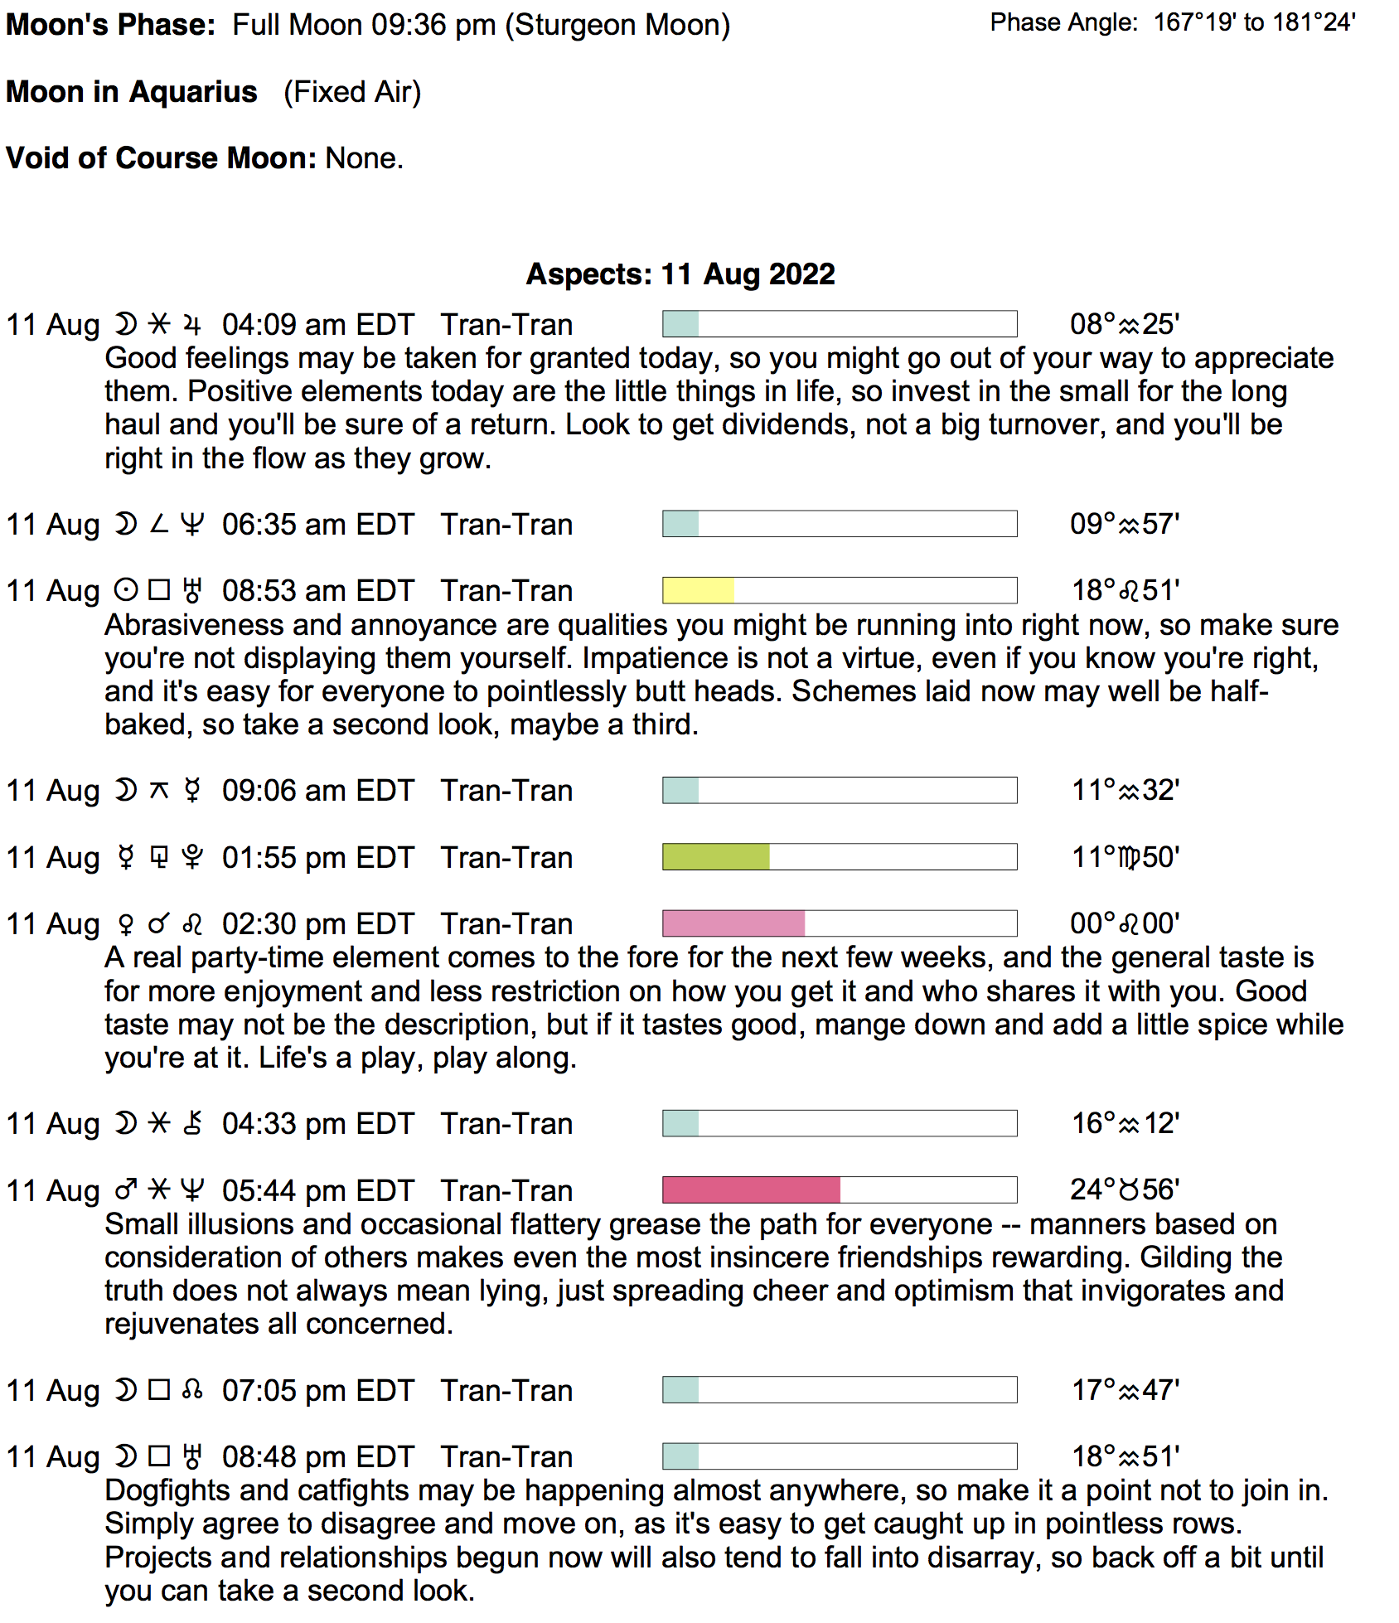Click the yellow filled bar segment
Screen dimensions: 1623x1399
tap(698, 590)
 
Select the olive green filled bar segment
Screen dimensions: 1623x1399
tap(716, 856)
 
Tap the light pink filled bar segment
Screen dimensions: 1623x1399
tap(733, 923)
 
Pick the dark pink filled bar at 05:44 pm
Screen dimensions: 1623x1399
tap(751, 1189)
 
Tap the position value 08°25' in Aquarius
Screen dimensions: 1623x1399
tap(1124, 324)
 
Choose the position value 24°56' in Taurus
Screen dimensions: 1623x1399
tap(1124, 1189)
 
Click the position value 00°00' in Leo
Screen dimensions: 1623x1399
tap(1124, 923)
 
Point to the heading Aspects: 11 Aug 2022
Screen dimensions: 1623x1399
tap(680, 274)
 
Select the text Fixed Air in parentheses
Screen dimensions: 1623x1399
tap(352, 92)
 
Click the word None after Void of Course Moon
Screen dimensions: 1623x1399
tap(363, 157)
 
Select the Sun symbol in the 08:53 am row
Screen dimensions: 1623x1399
tap(126, 590)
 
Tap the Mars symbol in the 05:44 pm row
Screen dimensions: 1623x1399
tap(126, 1190)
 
